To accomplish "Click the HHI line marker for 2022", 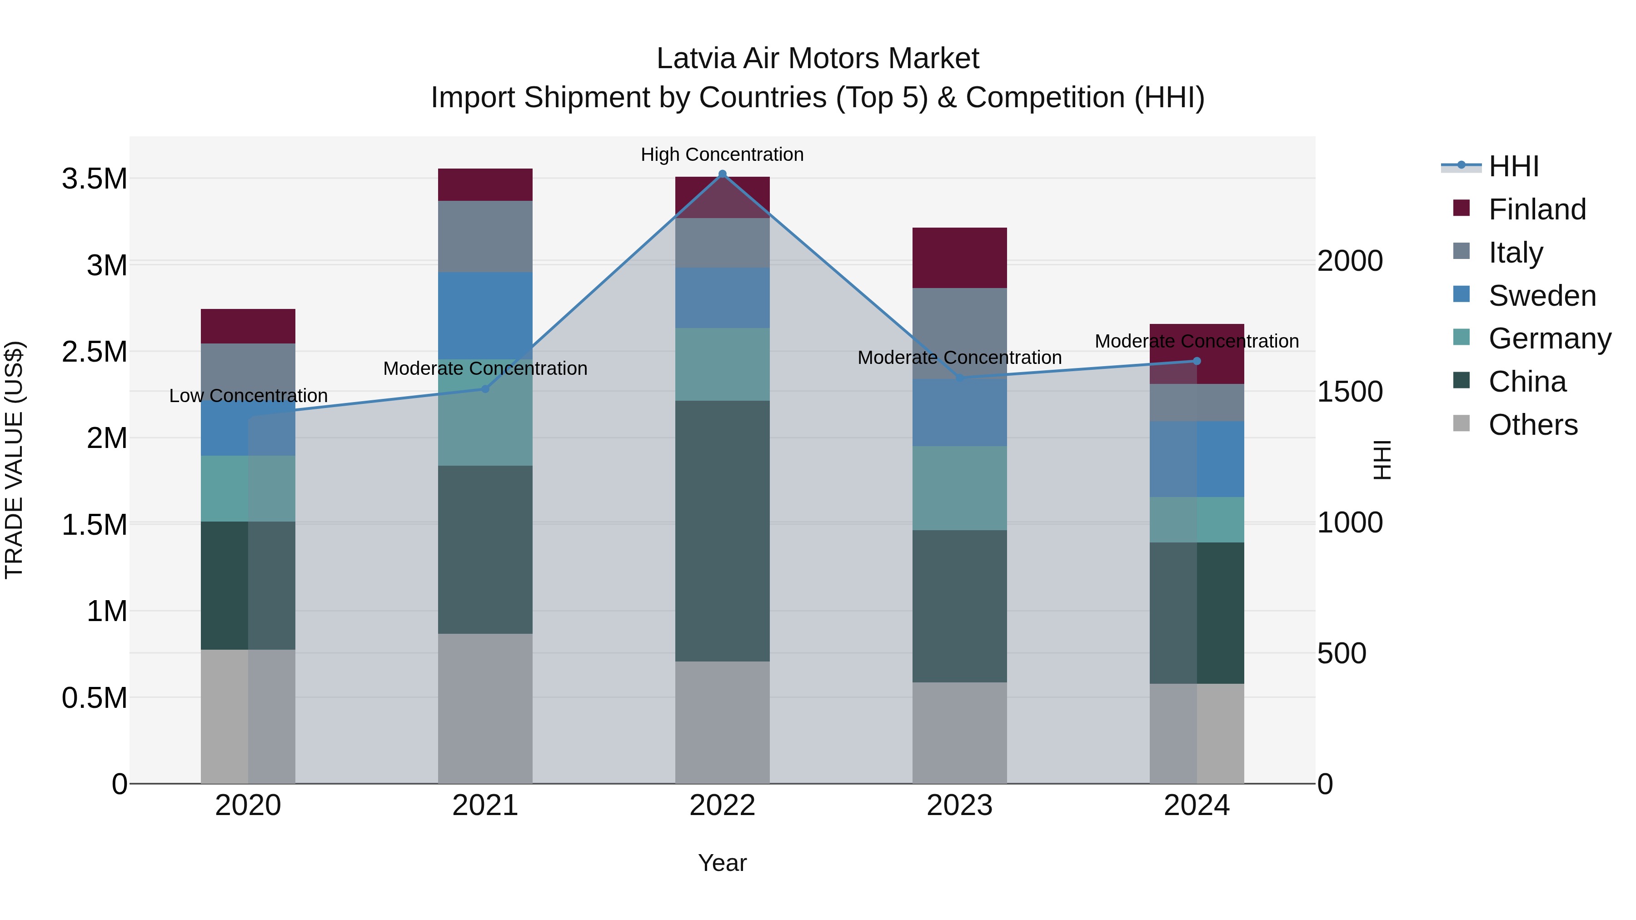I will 722,174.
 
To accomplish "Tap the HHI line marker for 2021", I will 485,388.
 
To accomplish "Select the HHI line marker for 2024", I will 1197,361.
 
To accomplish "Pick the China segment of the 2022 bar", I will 722,531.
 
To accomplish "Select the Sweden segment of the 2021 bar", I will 485,316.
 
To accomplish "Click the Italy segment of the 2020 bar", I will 248,372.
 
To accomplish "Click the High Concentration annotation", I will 722,155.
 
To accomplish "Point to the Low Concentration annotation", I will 248,396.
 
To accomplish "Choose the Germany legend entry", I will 1549,338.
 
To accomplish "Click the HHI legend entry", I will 1513,166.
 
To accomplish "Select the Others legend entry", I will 1532,425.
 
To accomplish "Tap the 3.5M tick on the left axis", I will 94,179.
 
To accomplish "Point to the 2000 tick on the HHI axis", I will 1350,261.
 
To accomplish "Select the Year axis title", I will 722,863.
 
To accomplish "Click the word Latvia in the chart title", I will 696,59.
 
